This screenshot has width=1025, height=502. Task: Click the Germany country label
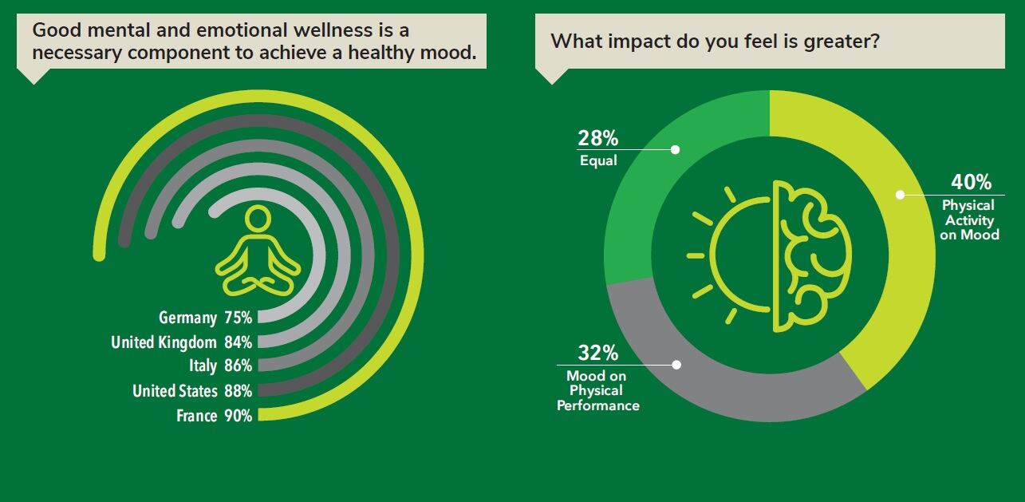pyautogui.click(x=187, y=318)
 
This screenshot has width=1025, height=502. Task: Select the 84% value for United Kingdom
pyautogui.click(x=238, y=342)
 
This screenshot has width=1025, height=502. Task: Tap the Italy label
pyautogui.click(x=203, y=366)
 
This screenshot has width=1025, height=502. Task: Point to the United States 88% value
pyautogui.click(x=238, y=391)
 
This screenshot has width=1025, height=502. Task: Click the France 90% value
pyautogui.click(x=238, y=416)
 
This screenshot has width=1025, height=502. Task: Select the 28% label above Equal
pyautogui.click(x=597, y=138)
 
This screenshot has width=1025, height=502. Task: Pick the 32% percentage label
pyautogui.click(x=597, y=353)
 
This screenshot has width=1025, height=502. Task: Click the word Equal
pyautogui.click(x=598, y=160)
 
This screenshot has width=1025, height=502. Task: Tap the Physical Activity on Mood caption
pyautogui.click(x=968, y=219)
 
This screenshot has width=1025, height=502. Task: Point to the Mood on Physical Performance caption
pyautogui.click(x=597, y=390)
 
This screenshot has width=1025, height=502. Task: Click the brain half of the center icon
pyautogui.click(x=810, y=255)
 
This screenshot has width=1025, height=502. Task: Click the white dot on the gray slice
pyautogui.click(x=676, y=365)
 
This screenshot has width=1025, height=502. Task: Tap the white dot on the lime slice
pyautogui.click(x=901, y=194)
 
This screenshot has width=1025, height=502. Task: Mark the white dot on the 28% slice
pyautogui.click(x=676, y=149)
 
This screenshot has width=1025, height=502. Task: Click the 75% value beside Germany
pyautogui.click(x=238, y=318)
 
